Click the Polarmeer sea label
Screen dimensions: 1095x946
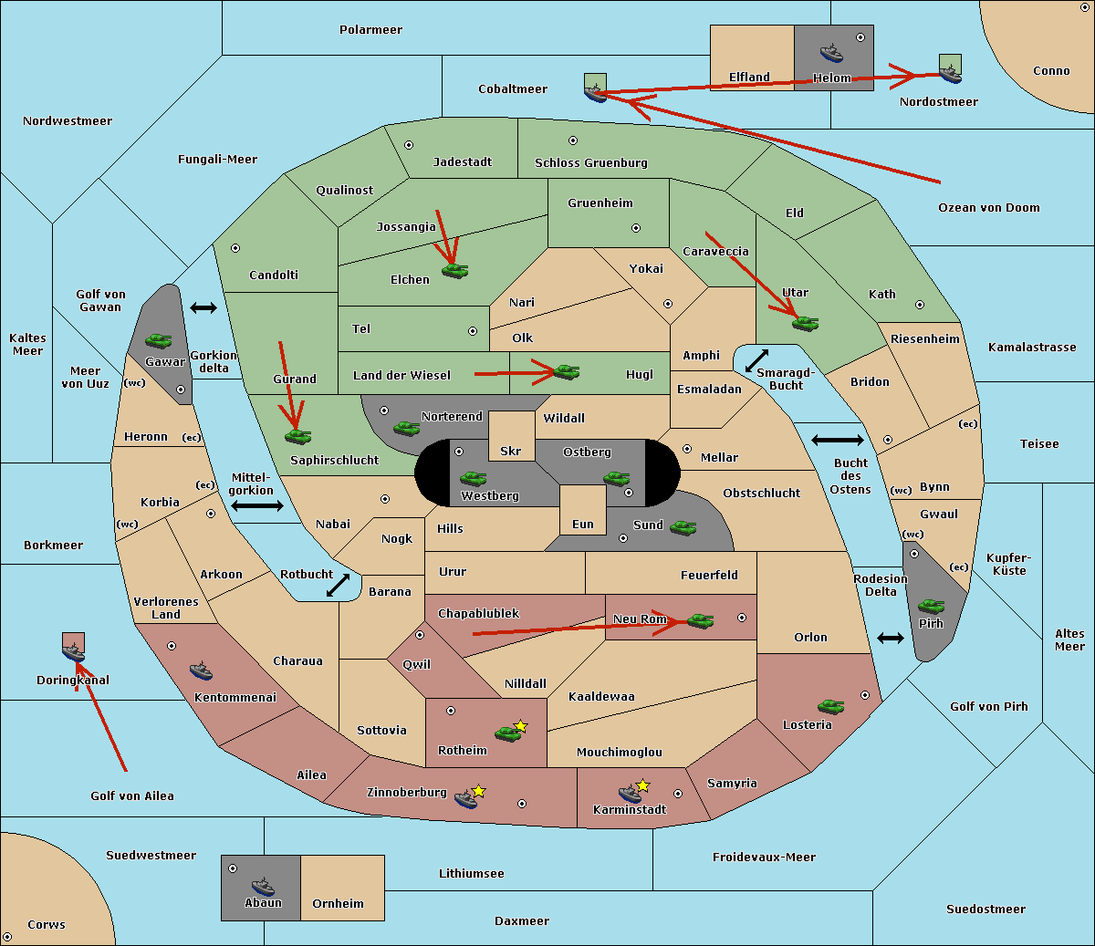pos(370,30)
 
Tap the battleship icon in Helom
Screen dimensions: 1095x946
pos(831,53)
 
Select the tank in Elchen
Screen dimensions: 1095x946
pos(455,271)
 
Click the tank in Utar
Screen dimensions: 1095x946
pos(805,323)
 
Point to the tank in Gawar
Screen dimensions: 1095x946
pos(159,340)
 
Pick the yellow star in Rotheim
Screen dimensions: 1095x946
pos(521,725)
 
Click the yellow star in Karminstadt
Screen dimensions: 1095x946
pos(642,785)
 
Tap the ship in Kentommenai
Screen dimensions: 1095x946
pos(201,671)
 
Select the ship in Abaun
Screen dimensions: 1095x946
pos(264,886)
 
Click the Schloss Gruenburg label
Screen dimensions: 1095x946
pos(591,162)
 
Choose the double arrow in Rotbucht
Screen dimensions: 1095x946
pos(338,585)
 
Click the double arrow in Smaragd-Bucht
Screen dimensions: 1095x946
pos(756,360)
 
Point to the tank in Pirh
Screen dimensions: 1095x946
pos(931,606)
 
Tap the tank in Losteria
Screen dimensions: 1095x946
pos(830,706)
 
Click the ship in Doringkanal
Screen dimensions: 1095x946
pos(73,652)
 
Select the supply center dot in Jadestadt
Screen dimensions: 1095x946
pos(409,145)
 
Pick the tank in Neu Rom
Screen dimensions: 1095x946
pos(700,620)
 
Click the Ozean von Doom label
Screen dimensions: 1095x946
pos(989,208)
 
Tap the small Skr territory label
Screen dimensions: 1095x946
pos(511,451)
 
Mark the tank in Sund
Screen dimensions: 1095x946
pos(683,527)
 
